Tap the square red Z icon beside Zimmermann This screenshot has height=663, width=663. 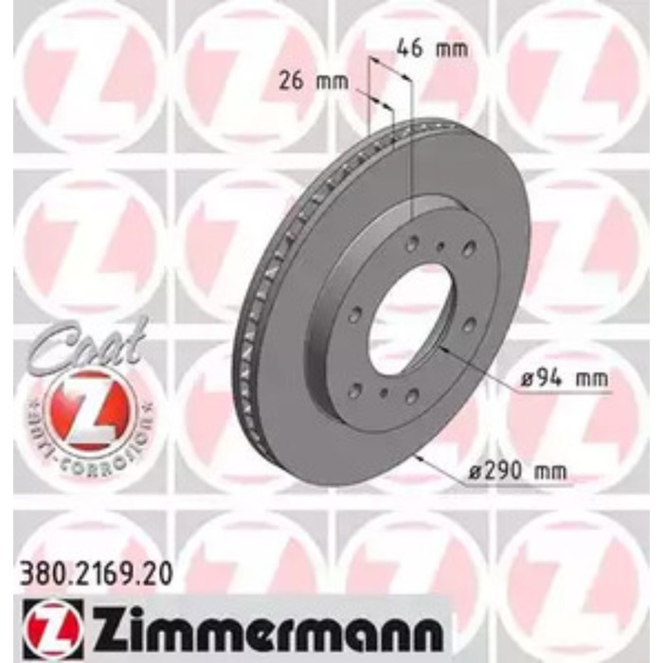43,624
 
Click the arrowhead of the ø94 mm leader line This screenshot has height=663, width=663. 443,352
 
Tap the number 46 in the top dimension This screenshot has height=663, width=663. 408,47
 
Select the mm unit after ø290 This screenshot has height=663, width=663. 554,472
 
